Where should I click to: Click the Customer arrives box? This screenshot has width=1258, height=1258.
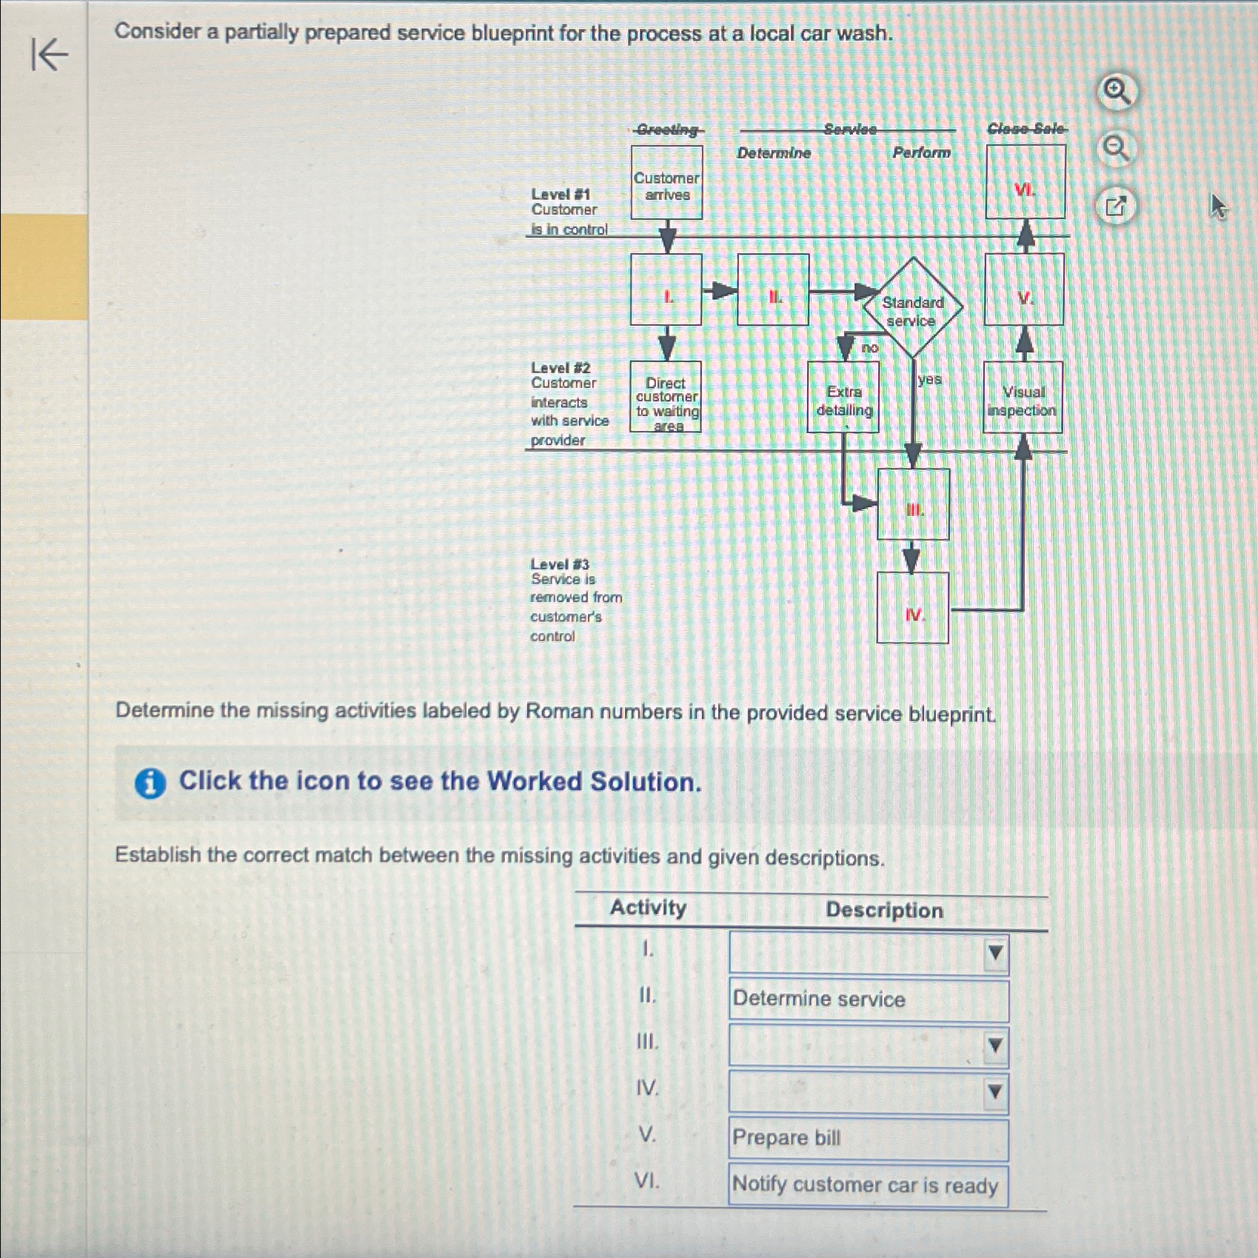[x=666, y=183]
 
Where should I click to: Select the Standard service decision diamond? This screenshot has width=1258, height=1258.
[x=912, y=308]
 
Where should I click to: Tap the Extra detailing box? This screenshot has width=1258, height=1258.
[x=843, y=398]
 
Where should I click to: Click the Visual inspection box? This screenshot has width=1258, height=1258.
[x=1023, y=398]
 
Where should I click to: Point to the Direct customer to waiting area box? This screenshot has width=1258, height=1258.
[x=666, y=398]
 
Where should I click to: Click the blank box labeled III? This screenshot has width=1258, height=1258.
[x=913, y=505]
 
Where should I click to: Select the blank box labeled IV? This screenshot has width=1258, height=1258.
[x=912, y=609]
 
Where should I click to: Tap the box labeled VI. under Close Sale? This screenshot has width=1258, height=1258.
[x=1026, y=183]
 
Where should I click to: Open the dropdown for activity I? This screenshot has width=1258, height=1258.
[x=995, y=953]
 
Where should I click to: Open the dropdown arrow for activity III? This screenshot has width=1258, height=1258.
[x=995, y=1045]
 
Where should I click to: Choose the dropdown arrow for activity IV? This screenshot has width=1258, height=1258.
[x=995, y=1092]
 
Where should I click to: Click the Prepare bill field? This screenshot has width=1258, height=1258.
[x=868, y=1138]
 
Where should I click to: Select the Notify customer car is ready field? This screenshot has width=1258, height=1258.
[x=868, y=1185]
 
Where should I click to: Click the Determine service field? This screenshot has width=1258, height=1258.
[x=868, y=1000]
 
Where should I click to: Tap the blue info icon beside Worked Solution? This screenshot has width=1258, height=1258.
[x=150, y=783]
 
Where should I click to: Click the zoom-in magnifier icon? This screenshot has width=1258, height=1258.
[x=1117, y=93]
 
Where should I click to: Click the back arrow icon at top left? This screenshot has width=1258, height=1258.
[x=50, y=55]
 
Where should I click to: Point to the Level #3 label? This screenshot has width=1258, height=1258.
[x=560, y=564]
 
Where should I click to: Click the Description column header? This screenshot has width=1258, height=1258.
[x=884, y=910]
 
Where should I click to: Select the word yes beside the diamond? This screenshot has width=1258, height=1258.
[x=929, y=380]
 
